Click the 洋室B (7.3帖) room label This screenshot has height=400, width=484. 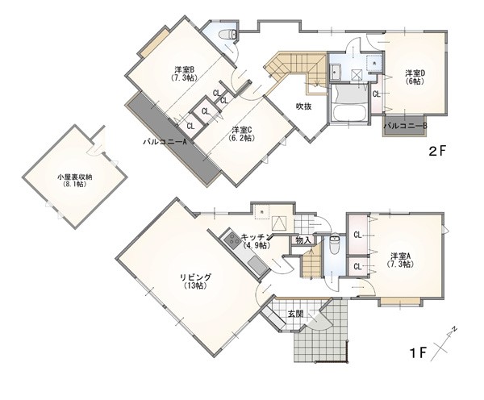[184, 73]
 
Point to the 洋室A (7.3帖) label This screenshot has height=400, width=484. [401, 260]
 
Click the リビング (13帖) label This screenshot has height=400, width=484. [195, 281]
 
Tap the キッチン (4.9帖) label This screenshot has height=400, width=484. [257, 241]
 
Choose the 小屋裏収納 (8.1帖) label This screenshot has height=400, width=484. [75, 181]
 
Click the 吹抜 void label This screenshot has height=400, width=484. [304, 106]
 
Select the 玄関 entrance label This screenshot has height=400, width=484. [296, 315]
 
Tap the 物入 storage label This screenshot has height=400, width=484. [303, 240]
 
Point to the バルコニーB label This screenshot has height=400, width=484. [405, 126]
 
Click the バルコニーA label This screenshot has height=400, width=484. [165, 142]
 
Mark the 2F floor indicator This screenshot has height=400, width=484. [437, 151]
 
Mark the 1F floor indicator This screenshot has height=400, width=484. [417, 353]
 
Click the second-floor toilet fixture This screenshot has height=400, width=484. [227, 35]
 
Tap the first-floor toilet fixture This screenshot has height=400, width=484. [334, 244]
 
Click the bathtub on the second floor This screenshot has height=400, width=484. [348, 113]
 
